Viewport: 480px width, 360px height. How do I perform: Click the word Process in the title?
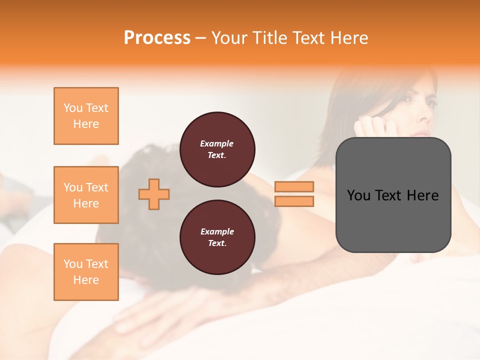(157, 38)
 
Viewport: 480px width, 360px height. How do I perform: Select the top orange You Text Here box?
(86, 116)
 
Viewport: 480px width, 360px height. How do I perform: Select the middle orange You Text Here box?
(86, 195)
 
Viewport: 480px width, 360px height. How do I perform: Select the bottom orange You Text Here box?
(86, 271)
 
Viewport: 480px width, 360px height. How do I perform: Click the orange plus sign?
(154, 194)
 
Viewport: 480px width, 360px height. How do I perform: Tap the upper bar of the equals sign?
(294, 186)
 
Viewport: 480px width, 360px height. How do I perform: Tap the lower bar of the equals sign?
(294, 201)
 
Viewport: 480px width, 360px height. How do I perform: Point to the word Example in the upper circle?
(216, 143)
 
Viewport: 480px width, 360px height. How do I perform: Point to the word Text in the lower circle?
(216, 243)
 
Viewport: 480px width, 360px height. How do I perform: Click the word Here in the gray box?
(422, 195)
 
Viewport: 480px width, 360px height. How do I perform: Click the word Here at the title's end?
(348, 38)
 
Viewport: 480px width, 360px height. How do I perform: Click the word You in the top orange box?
(72, 108)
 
